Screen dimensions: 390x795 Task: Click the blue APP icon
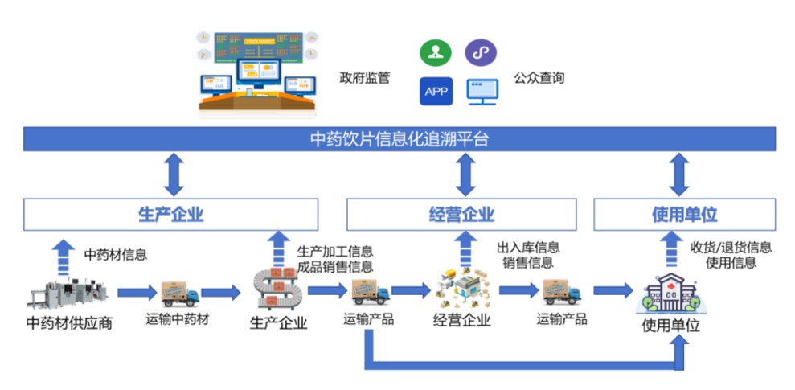click(436, 91)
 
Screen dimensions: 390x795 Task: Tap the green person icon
click(436, 53)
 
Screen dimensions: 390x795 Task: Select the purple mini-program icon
click(481, 53)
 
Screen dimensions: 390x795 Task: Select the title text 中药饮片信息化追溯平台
click(399, 139)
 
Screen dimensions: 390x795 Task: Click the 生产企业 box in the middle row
click(170, 215)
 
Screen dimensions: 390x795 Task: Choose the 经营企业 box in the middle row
click(461, 215)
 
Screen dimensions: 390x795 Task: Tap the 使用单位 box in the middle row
click(684, 215)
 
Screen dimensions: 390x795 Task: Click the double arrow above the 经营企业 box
click(462, 174)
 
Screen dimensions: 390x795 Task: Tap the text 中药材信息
click(116, 255)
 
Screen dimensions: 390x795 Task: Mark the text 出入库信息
click(528, 247)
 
